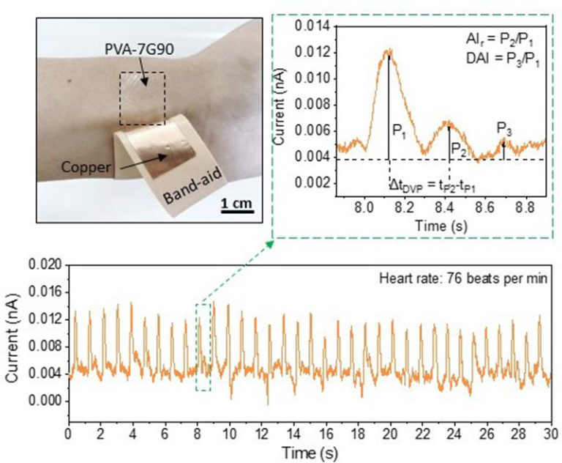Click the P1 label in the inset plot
(400, 131)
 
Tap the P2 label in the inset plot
(458, 147)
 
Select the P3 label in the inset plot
(504, 129)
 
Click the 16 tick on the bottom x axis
(326, 431)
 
